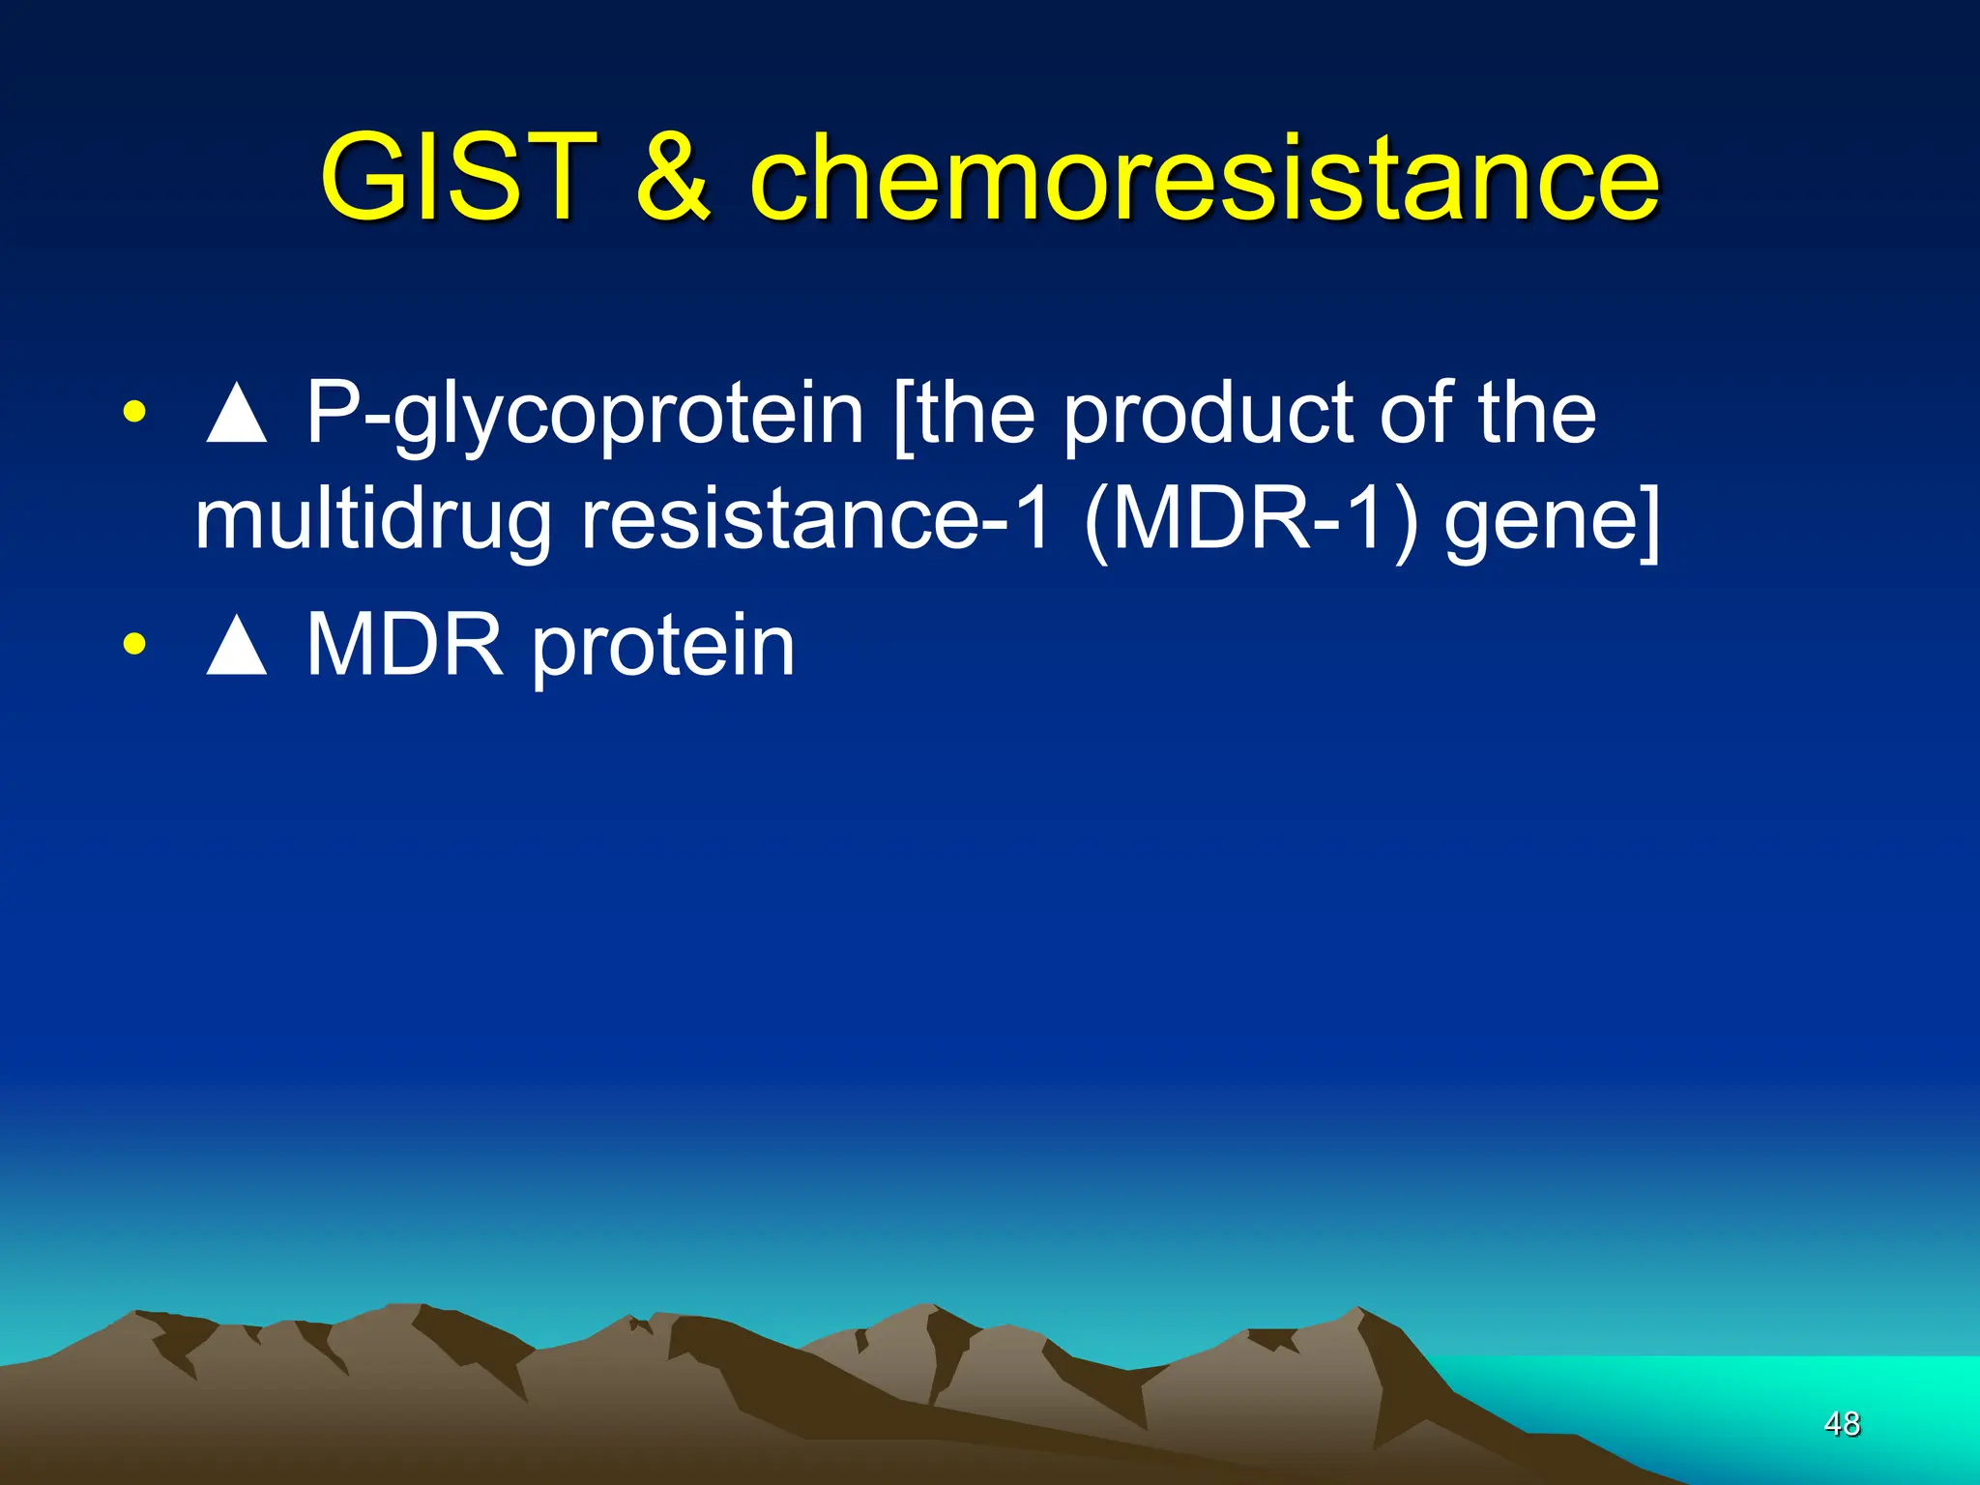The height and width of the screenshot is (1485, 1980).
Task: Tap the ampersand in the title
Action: coord(673,178)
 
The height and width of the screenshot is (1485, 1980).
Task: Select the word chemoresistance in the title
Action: coord(1204,178)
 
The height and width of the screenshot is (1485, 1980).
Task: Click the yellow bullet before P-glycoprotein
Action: coord(134,413)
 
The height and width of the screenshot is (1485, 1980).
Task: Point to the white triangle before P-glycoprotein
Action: coord(236,414)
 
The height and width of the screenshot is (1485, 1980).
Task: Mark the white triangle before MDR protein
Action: coord(236,646)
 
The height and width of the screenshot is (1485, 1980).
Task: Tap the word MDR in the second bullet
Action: coord(405,645)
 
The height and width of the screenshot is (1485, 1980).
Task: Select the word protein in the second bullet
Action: coord(663,647)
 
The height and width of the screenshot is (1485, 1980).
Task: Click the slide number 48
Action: coord(1841,1423)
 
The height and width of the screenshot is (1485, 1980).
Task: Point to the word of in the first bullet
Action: coord(1416,414)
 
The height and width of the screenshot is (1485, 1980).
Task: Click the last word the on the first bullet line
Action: coord(1536,414)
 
